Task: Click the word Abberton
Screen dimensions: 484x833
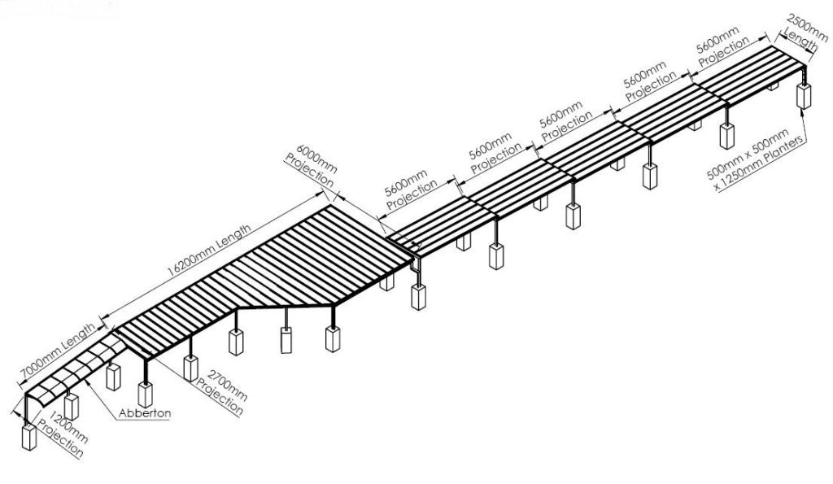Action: point(145,413)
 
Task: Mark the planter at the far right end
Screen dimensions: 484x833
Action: point(805,96)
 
